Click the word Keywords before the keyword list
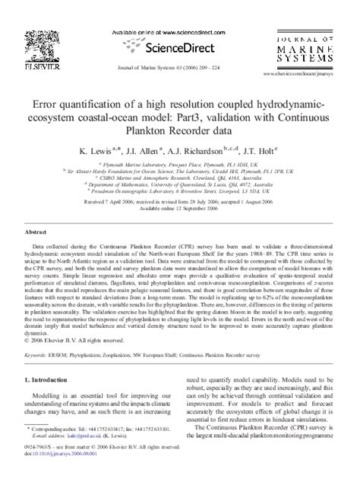pyautogui.click(x=39, y=374)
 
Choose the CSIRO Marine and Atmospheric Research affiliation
pyautogui.click(x=179, y=177)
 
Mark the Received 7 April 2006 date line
pyautogui.click(x=179, y=203)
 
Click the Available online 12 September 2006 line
pyautogui.click(x=179, y=209)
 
